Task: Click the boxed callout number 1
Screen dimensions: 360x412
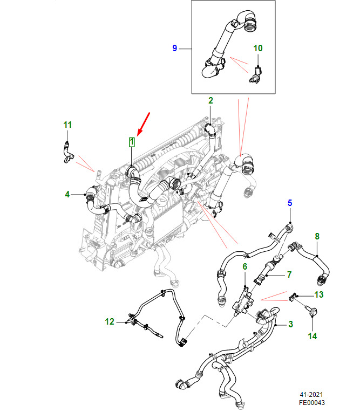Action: click(x=132, y=142)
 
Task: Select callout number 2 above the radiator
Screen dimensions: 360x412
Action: click(x=210, y=100)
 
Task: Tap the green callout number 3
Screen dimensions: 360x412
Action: click(x=290, y=324)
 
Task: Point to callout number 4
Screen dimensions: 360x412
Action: click(x=67, y=194)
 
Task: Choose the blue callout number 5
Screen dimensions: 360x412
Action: click(x=290, y=203)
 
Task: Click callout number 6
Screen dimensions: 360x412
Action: click(x=245, y=267)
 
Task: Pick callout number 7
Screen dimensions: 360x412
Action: click(x=289, y=274)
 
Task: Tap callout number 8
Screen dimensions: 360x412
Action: click(x=317, y=236)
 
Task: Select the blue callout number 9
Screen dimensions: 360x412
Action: click(x=175, y=49)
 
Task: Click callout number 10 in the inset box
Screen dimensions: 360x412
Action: click(x=257, y=48)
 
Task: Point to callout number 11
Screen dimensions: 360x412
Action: click(x=67, y=125)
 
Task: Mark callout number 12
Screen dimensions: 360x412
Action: click(x=110, y=321)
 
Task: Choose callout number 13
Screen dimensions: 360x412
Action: click(x=319, y=294)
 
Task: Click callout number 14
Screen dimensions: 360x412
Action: click(x=313, y=336)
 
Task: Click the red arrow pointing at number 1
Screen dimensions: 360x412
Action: click(x=144, y=124)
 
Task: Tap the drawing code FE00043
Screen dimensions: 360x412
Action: click(x=311, y=402)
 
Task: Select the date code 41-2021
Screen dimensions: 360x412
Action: click(x=311, y=395)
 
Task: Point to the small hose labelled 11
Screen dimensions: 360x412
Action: click(x=68, y=153)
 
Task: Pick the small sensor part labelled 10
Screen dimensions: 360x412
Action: click(x=256, y=75)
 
